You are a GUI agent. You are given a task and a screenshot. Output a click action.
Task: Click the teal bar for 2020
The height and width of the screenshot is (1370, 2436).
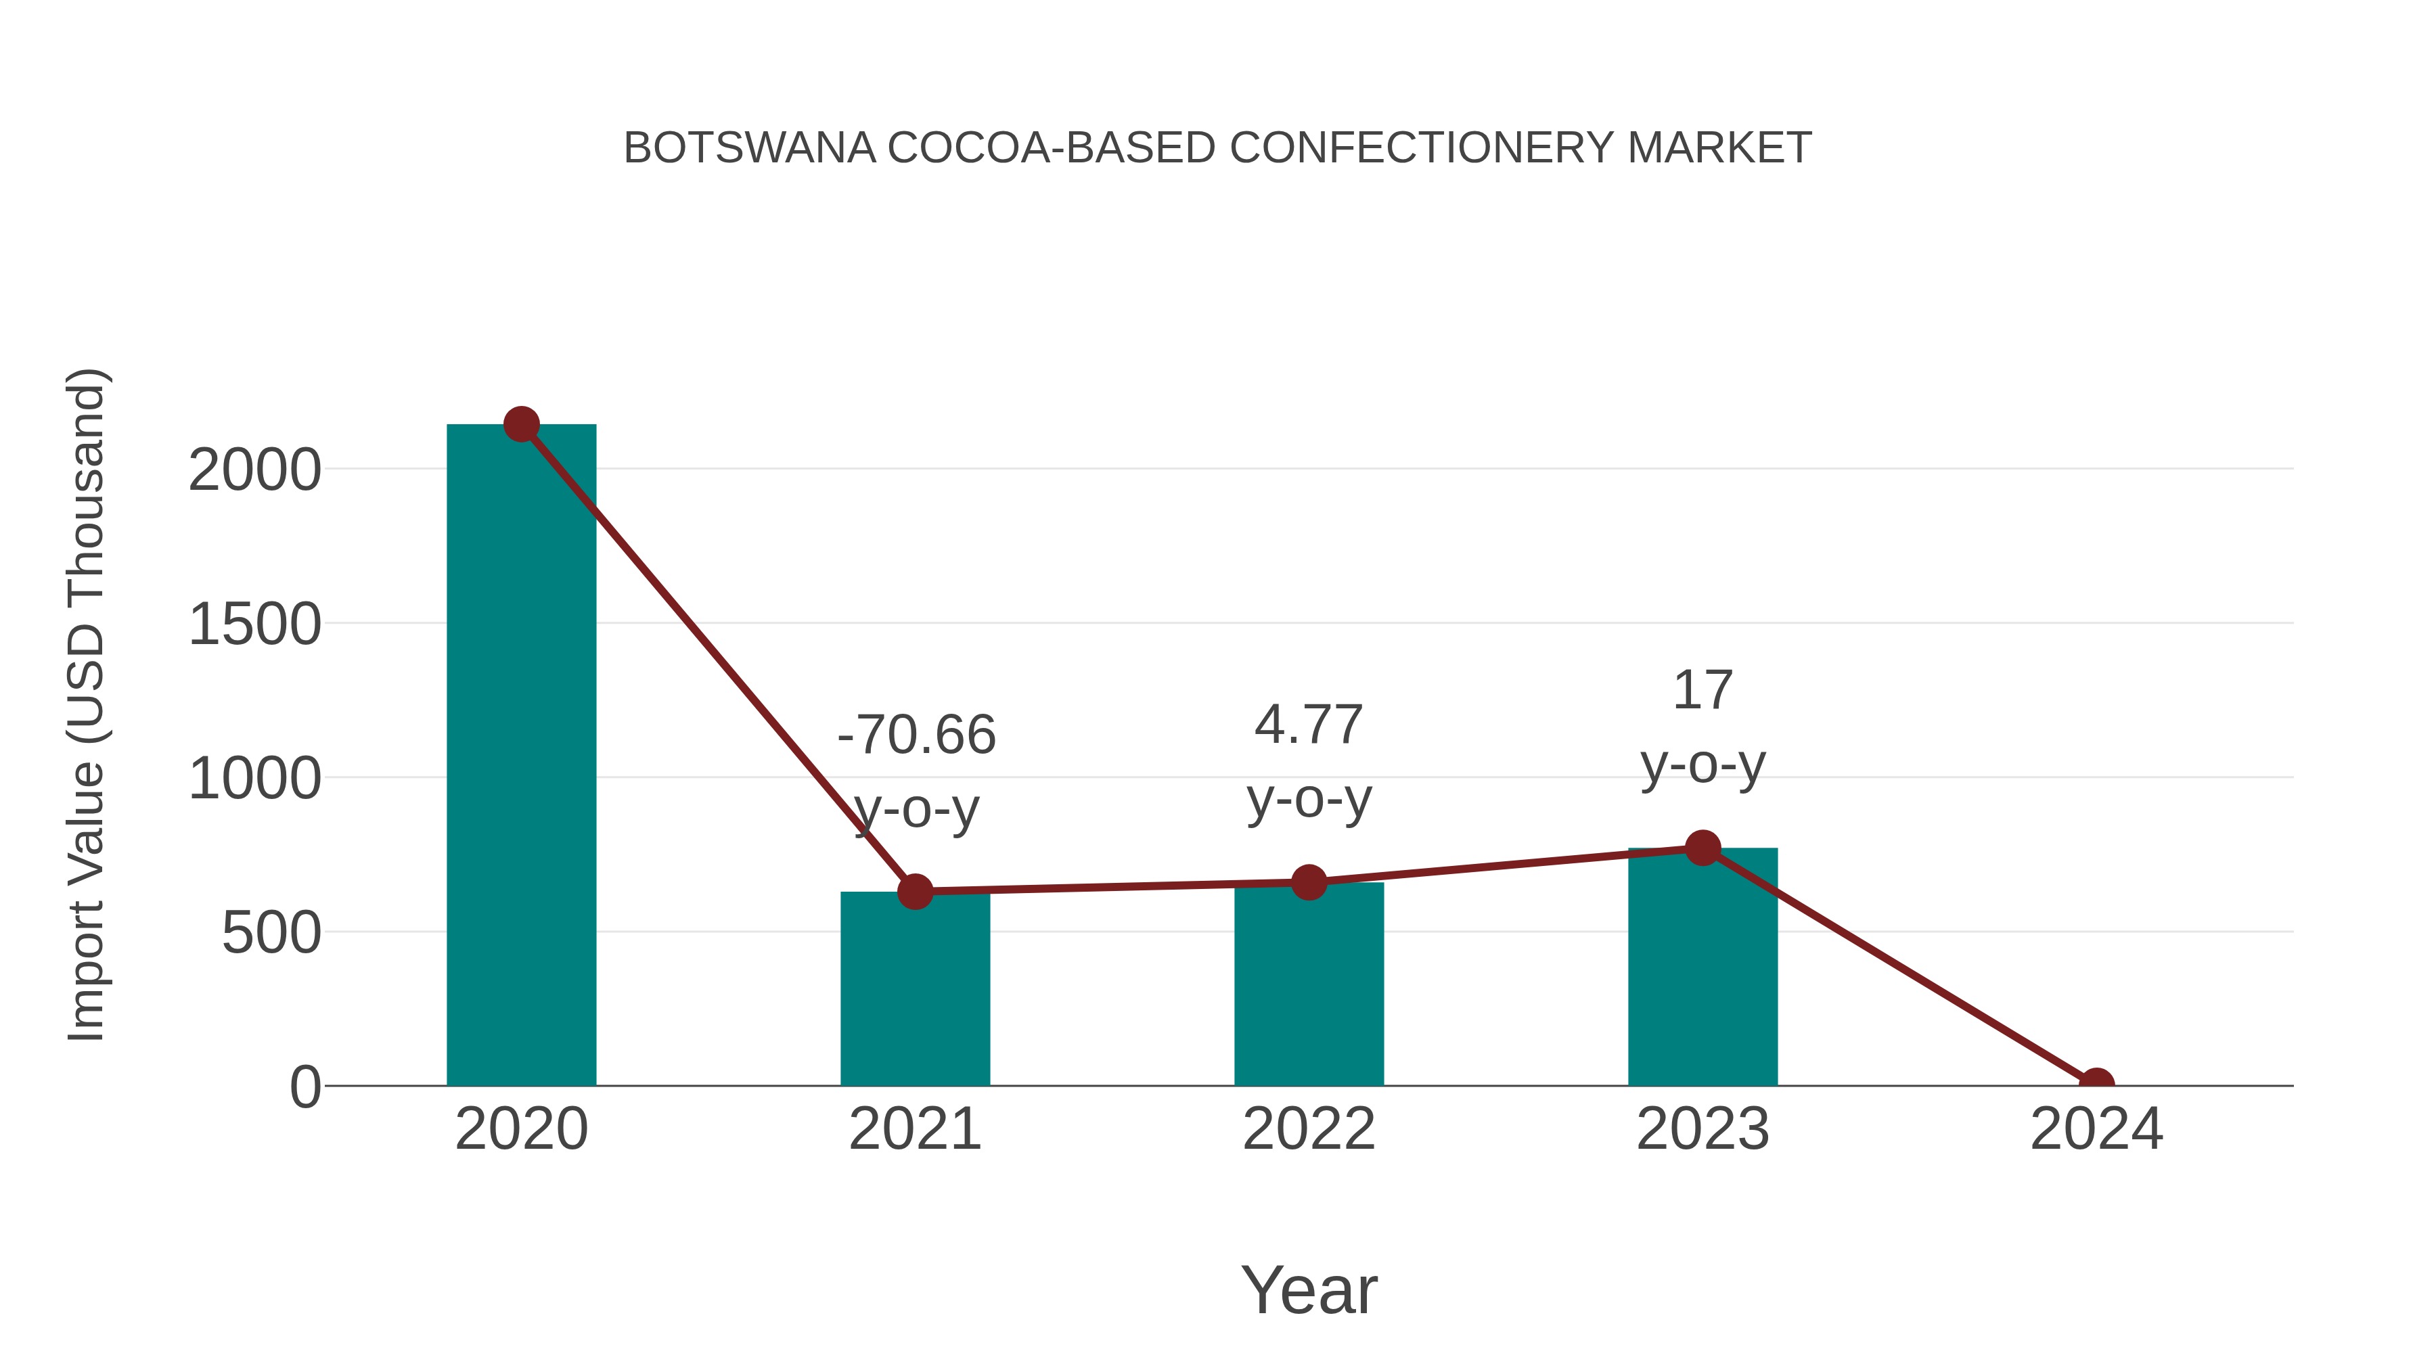(521, 756)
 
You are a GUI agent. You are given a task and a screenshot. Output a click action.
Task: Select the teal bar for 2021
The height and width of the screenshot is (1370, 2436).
(914, 992)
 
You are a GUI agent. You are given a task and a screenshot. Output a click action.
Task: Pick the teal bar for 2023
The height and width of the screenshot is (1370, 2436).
(1702, 969)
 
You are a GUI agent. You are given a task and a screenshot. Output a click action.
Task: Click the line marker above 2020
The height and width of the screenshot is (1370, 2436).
(521, 424)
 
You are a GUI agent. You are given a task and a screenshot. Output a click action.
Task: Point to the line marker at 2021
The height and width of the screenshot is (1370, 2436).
(914, 890)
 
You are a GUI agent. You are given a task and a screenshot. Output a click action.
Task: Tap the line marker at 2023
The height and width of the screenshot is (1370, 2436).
(1702, 848)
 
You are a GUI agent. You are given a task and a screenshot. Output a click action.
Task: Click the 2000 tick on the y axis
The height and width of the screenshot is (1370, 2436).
(254, 470)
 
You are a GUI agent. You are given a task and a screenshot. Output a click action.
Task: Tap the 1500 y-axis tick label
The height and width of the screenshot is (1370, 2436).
(254, 625)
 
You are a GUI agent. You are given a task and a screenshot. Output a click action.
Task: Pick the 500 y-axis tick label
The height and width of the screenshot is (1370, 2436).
(271, 934)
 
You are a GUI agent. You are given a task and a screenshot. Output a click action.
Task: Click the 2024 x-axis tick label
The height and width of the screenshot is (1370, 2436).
(2096, 1129)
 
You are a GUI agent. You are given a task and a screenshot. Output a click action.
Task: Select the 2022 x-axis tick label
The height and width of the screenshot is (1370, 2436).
(1309, 1129)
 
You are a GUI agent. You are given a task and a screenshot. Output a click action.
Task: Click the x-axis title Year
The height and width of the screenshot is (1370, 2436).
(1309, 1289)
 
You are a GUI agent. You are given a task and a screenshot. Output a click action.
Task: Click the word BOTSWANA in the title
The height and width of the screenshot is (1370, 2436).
(749, 148)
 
